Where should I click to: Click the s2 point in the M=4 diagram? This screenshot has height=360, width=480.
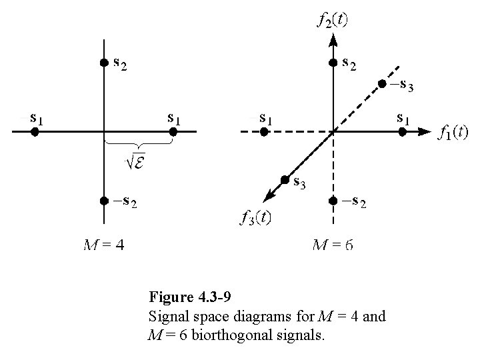(x=103, y=63)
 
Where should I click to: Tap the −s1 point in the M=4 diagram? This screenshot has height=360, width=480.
(x=35, y=132)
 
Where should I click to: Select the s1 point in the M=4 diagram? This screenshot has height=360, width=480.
(x=173, y=132)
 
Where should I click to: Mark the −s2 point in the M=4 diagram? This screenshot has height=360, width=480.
(x=103, y=201)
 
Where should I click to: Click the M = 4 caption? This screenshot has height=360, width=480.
(x=103, y=245)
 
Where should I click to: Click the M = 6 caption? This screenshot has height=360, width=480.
(x=333, y=245)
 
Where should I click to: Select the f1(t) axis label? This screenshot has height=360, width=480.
(x=453, y=132)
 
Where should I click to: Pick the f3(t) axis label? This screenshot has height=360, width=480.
(x=255, y=217)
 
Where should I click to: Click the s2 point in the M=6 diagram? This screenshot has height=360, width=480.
(x=333, y=63)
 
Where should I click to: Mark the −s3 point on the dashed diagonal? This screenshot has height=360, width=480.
(x=382, y=84)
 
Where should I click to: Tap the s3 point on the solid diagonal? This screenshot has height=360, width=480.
(x=285, y=179)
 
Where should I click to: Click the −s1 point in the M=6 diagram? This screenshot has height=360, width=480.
(x=264, y=132)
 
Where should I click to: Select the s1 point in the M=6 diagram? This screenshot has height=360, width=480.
(x=402, y=132)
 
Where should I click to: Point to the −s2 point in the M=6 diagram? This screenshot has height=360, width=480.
(x=333, y=201)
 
